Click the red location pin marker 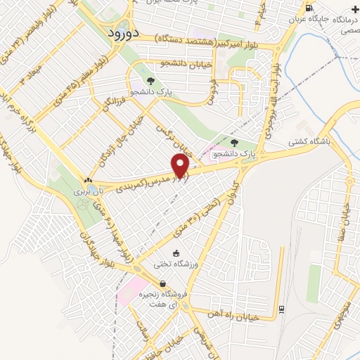[x=181, y=165]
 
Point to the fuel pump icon [x=311, y=8]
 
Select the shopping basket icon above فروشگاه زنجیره [x=163, y=284]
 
